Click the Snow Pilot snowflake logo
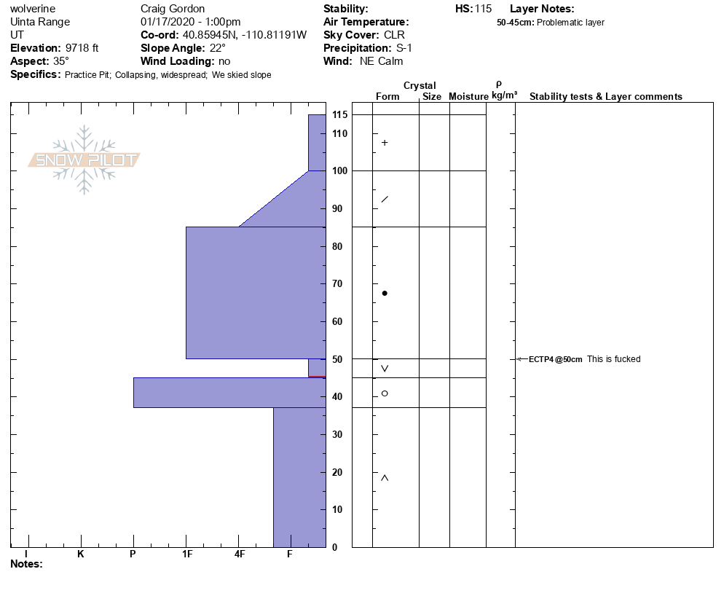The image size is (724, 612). tap(84, 160)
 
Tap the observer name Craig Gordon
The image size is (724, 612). tap(173, 9)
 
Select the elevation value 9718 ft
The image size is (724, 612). tap(82, 48)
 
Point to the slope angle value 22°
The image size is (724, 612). tap(217, 48)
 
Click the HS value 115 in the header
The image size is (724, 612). tap(484, 9)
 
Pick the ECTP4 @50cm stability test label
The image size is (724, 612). tap(556, 359)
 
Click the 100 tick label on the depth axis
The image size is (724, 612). tap(340, 171)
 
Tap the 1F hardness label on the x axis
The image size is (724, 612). tap(187, 554)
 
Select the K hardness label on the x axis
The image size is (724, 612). tap(81, 554)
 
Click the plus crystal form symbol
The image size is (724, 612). tap(385, 143)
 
